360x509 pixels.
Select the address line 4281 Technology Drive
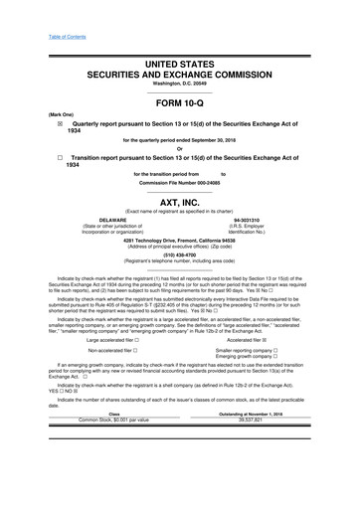tap(180, 240)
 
